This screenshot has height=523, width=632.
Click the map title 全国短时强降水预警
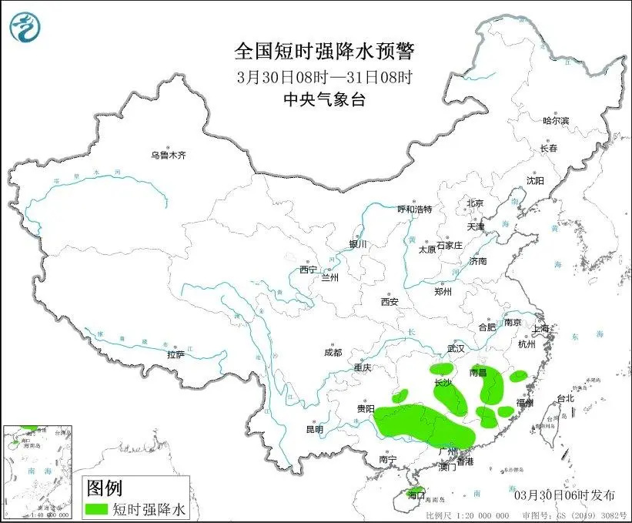324,52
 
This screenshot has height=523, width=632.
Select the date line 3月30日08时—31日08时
324,77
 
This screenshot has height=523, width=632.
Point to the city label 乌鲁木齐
169,155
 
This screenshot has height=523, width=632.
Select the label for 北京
474,203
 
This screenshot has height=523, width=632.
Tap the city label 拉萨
176,355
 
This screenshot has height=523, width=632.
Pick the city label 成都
333,354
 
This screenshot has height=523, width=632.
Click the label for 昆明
315,429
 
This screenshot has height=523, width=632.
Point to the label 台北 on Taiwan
565,398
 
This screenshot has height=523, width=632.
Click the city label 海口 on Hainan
416,493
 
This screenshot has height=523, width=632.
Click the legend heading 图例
104,488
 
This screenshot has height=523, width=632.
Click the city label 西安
390,302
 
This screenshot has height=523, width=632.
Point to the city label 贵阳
365,409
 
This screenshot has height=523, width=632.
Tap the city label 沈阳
535,180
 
